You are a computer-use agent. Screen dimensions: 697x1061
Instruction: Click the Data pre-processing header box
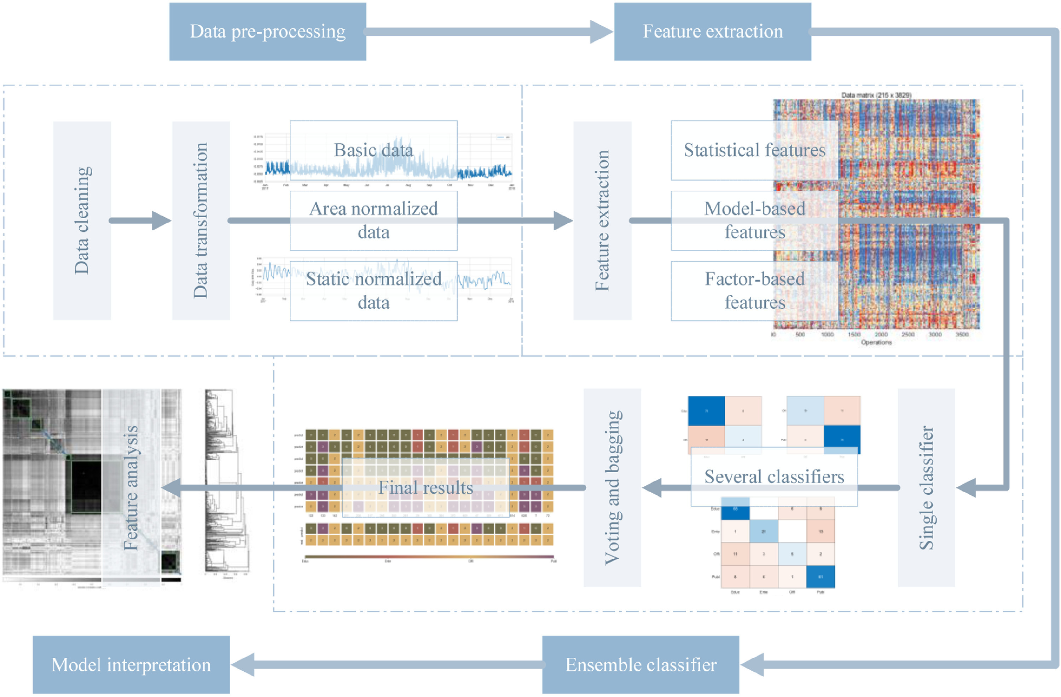click(x=267, y=31)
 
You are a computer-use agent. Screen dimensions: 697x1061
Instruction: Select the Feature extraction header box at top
click(x=712, y=31)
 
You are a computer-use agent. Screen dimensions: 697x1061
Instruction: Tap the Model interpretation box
click(x=131, y=664)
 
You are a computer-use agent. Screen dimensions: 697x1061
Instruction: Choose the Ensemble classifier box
click(x=640, y=664)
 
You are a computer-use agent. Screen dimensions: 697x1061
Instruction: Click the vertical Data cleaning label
click(x=82, y=220)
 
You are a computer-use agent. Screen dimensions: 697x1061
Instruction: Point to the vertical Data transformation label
click(x=201, y=220)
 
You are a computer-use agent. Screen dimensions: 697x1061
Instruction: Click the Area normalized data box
click(x=373, y=220)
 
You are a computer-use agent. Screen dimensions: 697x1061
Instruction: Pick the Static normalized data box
click(x=373, y=290)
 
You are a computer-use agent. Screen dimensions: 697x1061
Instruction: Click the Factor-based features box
click(x=754, y=290)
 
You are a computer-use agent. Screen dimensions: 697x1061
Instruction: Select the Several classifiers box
click(x=774, y=477)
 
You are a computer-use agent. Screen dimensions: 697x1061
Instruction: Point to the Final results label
click(x=426, y=488)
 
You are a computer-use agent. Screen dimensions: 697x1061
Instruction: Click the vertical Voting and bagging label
click(x=613, y=488)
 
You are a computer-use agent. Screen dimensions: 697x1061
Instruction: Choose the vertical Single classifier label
click(x=926, y=488)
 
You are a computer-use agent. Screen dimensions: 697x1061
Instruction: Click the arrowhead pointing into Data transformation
click(x=161, y=220)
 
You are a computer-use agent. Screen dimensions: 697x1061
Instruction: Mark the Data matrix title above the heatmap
click(x=876, y=95)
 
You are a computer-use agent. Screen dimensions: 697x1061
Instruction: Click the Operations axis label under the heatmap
click(x=876, y=342)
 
